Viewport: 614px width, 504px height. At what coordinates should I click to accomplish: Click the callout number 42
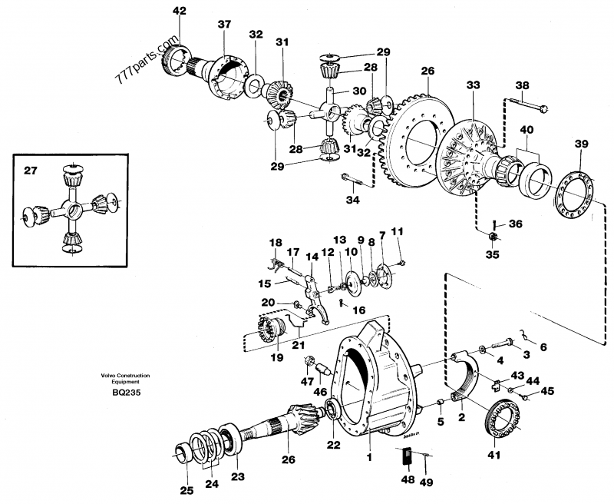coord(180,11)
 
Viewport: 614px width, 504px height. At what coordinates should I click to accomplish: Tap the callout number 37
coord(224,25)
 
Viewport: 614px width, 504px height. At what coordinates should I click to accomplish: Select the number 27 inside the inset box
coord(31,171)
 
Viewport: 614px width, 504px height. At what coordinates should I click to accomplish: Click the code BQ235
coord(126,393)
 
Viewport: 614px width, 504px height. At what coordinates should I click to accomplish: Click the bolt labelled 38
coord(528,104)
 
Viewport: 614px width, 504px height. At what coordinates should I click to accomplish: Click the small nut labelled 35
coord(494,236)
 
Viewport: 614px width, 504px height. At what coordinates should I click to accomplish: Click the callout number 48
coord(408,479)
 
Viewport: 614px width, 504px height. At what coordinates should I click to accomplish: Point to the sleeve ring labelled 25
coord(183,456)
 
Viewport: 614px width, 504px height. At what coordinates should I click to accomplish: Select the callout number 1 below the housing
coord(369,457)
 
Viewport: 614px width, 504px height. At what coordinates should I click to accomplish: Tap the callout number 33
coord(473,85)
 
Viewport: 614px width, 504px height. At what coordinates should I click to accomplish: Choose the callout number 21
coord(299,345)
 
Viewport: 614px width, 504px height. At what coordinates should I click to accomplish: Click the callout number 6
coord(543,347)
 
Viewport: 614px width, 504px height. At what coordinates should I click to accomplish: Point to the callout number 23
coord(238,476)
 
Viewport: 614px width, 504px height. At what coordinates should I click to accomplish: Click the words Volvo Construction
coord(125,376)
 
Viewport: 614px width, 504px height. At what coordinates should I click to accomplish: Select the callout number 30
coord(359,91)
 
